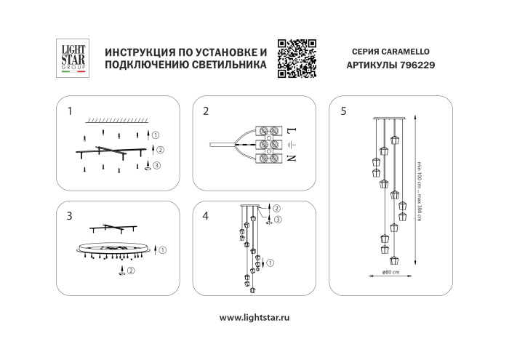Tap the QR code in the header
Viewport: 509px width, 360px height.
(296, 57)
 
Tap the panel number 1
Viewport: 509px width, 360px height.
(70, 112)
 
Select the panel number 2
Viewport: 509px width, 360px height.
(206, 112)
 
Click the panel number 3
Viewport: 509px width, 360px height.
(70, 215)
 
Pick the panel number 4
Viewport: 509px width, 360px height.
(206, 215)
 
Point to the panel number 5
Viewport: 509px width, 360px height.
(343, 112)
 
